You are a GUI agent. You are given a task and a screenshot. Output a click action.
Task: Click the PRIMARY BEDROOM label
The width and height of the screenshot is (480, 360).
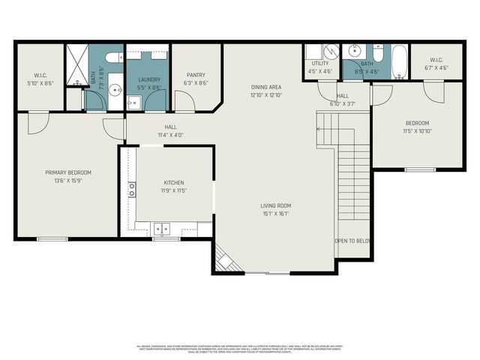(x=67, y=172)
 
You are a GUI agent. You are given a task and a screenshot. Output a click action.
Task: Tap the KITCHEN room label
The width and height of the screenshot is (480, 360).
(x=174, y=182)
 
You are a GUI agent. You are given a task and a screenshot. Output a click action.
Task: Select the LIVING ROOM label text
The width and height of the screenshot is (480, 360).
(x=275, y=205)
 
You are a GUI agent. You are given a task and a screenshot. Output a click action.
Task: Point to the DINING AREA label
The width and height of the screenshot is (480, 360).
(x=265, y=87)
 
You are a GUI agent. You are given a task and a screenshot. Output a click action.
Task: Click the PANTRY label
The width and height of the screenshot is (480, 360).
(x=196, y=75)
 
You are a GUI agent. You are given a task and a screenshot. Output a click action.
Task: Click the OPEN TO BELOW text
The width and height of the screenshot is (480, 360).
(x=353, y=241)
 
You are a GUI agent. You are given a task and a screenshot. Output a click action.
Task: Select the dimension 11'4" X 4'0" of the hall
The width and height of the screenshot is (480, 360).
(x=170, y=135)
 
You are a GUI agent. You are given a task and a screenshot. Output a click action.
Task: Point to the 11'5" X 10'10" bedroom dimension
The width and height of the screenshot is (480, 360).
(x=417, y=131)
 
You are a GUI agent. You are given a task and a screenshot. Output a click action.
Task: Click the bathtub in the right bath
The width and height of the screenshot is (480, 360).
(x=398, y=61)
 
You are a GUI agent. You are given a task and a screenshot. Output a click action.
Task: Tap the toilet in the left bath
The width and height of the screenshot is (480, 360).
(x=113, y=58)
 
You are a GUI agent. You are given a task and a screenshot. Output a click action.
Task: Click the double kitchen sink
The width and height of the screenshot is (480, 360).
(x=162, y=229)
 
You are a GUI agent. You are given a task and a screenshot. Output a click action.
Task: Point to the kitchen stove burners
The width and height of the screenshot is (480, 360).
(x=131, y=188)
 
